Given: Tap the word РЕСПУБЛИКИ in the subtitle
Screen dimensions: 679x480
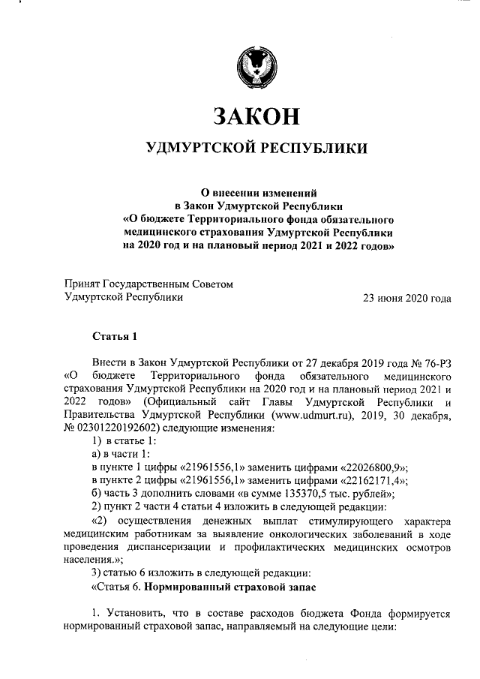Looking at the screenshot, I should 313,149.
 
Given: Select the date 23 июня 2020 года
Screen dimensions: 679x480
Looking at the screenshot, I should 407,298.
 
